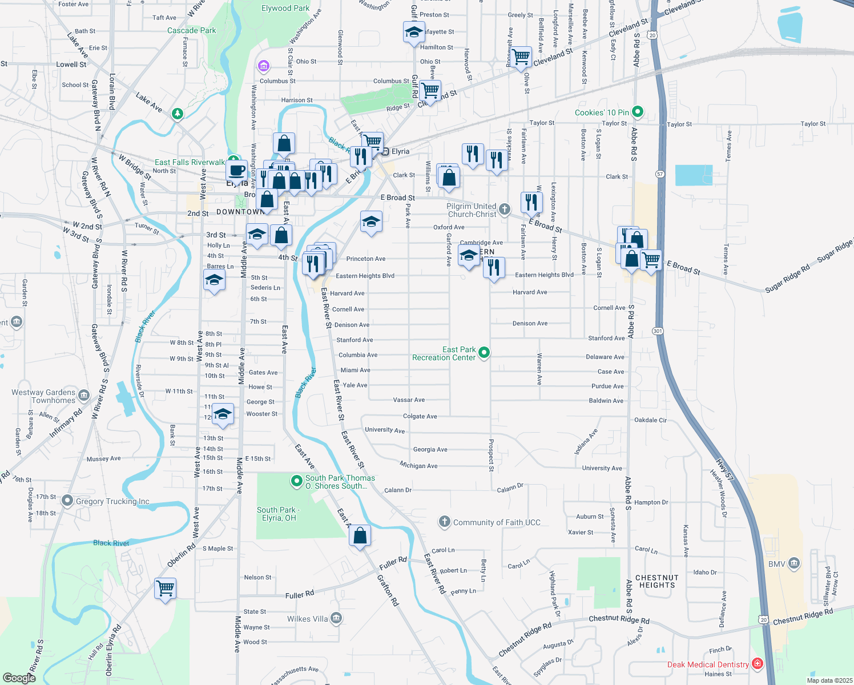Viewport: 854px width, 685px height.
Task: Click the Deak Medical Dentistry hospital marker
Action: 758,663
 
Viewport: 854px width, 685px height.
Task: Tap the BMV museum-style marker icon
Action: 794,564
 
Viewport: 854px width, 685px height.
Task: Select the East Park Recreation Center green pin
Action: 484,353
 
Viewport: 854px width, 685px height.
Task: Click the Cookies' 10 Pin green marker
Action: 638,112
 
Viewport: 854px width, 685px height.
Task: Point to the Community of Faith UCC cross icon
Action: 444,522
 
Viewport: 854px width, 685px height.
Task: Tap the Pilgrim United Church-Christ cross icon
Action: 504,209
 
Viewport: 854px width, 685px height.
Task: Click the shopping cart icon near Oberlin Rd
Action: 165,587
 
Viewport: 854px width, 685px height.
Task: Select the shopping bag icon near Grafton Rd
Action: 360,535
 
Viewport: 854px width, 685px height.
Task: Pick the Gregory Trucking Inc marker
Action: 67,501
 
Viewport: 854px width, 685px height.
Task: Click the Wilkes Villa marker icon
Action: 336,618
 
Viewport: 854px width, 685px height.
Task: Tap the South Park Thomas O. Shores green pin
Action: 296,481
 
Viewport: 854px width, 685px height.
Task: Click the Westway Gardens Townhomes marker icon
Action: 84,395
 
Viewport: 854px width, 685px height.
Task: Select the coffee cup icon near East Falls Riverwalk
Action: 236,170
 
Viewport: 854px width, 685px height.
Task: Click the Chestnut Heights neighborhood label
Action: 657,581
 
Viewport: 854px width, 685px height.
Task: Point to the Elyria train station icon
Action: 386,151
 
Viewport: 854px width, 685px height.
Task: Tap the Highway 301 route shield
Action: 658,331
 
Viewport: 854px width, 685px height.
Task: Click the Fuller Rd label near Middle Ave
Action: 300,595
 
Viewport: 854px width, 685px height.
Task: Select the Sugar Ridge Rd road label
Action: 787,278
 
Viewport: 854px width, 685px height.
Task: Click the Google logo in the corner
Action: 19,678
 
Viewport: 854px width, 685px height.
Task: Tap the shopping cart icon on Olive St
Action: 521,57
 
